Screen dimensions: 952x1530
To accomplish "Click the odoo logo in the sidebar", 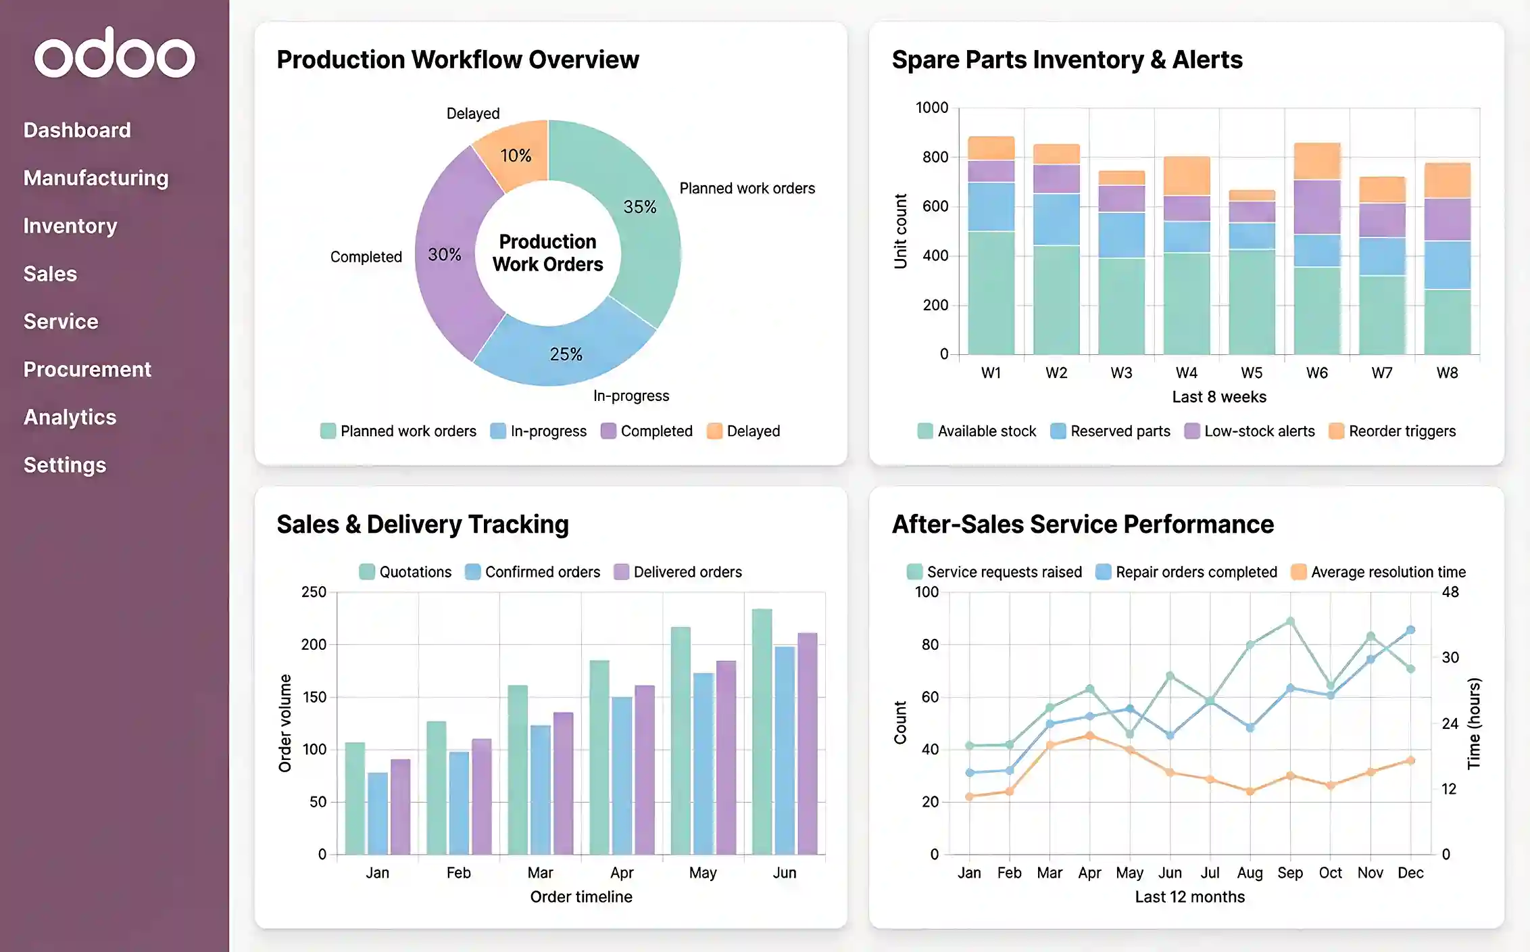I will click(x=115, y=53).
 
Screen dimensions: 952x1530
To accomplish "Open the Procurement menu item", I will click(x=87, y=369).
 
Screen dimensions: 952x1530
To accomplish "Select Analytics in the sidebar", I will click(x=70, y=417).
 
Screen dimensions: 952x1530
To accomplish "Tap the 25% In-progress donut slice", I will click(x=565, y=352).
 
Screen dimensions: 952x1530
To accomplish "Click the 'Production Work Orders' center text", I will click(x=547, y=253).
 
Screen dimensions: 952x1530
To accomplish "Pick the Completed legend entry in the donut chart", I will click(x=647, y=431).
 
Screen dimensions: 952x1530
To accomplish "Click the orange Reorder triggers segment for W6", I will click(x=1316, y=161).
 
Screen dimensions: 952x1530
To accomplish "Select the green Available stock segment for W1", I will click(x=991, y=292).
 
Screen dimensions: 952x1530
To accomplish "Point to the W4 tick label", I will click(x=1186, y=373).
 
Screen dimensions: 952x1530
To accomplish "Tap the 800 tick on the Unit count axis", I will click(x=935, y=157).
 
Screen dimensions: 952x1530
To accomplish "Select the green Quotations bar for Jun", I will click(x=762, y=730).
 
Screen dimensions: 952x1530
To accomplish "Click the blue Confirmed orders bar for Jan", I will click(x=378, y=813).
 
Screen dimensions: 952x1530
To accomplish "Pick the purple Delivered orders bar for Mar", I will click(x=563, y=782).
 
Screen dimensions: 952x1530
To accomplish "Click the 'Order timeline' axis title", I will click(x=581, y=897).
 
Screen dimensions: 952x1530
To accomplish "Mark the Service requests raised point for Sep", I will click(x=1289, y=621).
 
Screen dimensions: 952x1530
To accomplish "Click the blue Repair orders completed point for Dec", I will click(x=1410, y=629).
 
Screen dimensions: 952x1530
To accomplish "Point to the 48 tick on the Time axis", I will click(x=1450, y=592).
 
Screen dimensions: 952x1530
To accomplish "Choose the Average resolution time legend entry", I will click(x=1379, y=572).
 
